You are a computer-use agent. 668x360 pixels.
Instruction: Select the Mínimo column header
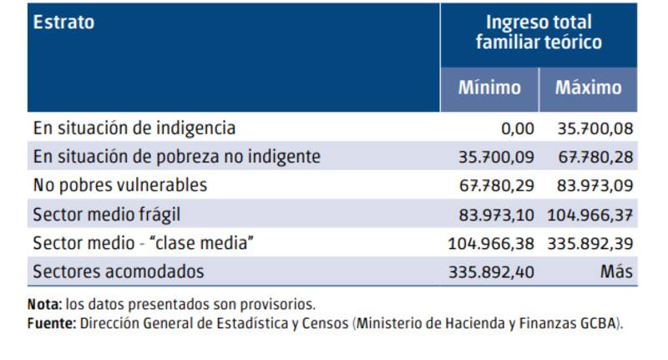489,88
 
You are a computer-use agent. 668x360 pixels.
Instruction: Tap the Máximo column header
589,88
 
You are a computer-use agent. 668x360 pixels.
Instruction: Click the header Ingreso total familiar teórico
539,33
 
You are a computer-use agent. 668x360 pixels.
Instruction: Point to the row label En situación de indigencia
134,129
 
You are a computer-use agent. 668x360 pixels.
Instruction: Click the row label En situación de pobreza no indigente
176,156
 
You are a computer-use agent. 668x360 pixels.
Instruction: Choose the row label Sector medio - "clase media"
143,243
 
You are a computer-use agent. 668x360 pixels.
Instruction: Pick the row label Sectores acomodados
118,271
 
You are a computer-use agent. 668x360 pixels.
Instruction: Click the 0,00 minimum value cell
514,129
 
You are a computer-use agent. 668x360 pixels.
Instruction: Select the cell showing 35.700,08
595,129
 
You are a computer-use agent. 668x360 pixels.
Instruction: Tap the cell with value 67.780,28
595,157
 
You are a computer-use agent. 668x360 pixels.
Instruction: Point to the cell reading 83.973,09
595,185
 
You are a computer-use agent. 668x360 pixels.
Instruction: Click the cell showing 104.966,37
590,215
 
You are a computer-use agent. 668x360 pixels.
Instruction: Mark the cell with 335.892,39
590,243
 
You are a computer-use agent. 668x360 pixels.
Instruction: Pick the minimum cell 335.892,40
491,271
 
